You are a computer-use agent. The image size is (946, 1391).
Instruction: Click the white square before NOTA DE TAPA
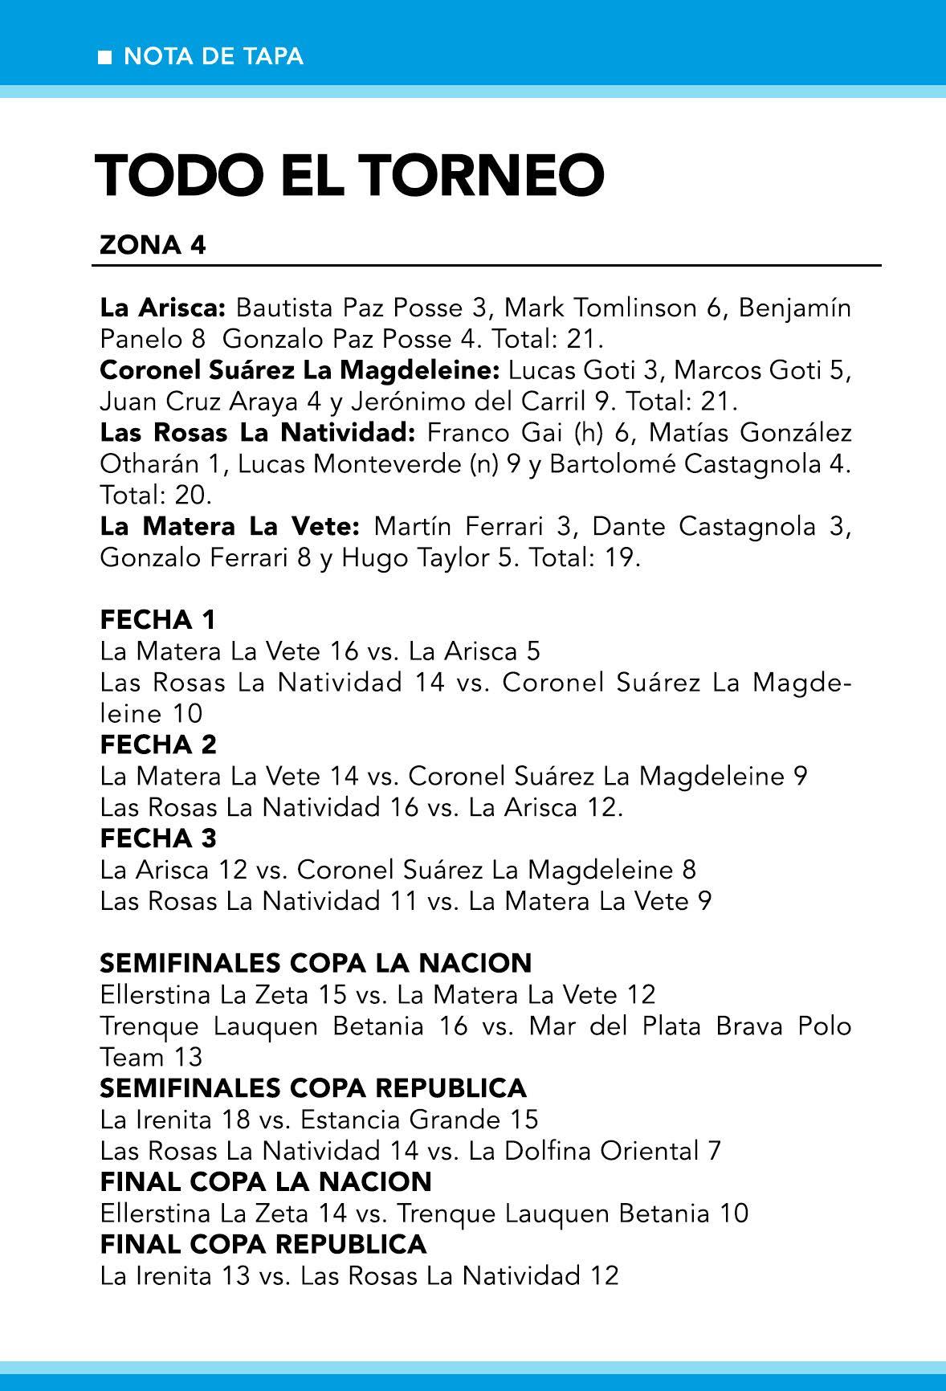click(105, 57)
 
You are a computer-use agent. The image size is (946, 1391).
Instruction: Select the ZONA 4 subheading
click(153, 245)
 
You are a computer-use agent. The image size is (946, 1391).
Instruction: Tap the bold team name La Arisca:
click(164, 308)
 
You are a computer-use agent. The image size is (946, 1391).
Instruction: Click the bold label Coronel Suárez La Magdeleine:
click(300, 370)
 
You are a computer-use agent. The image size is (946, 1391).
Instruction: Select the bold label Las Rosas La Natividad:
click(257, 433)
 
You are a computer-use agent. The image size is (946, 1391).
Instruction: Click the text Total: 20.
click(156, 495)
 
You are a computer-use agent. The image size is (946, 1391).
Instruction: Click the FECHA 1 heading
click(157, 620)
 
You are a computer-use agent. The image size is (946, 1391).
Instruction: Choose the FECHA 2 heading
click(157, 745)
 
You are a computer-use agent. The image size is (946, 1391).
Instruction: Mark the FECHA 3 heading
click(157, 839)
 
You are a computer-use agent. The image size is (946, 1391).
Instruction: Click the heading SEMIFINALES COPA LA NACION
click(316, 963)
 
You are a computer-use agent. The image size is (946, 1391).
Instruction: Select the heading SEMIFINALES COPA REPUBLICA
click(313, 1088)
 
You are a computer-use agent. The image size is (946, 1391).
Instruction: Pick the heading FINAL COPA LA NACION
click(266, 1181)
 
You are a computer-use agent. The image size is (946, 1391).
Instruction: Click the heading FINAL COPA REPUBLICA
click(263, 1244)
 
